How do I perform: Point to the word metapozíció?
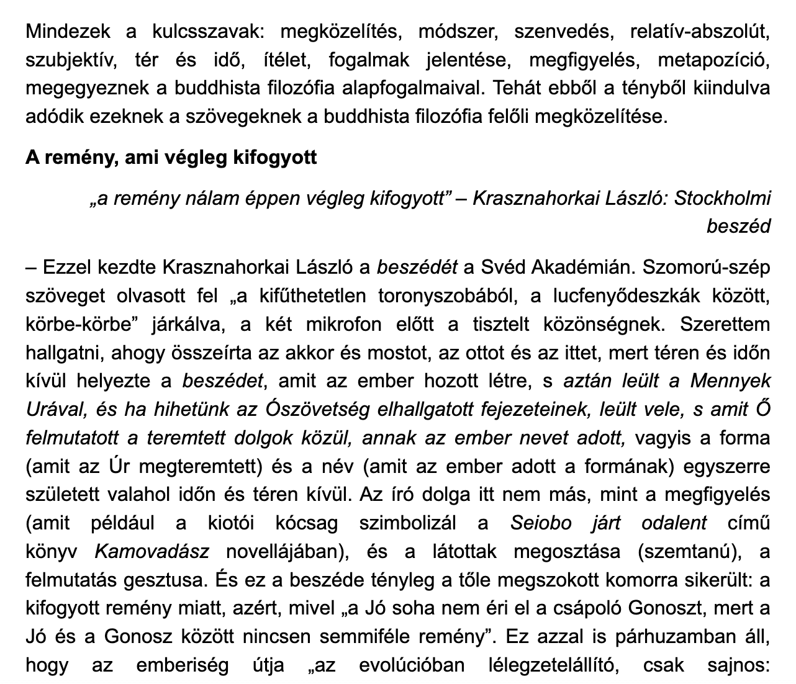pos(714,60)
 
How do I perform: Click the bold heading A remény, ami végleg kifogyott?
pos(171,157)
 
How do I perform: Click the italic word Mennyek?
pos(730,380)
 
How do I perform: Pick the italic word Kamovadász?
pos(152,551)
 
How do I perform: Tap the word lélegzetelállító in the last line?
pos(564,665)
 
